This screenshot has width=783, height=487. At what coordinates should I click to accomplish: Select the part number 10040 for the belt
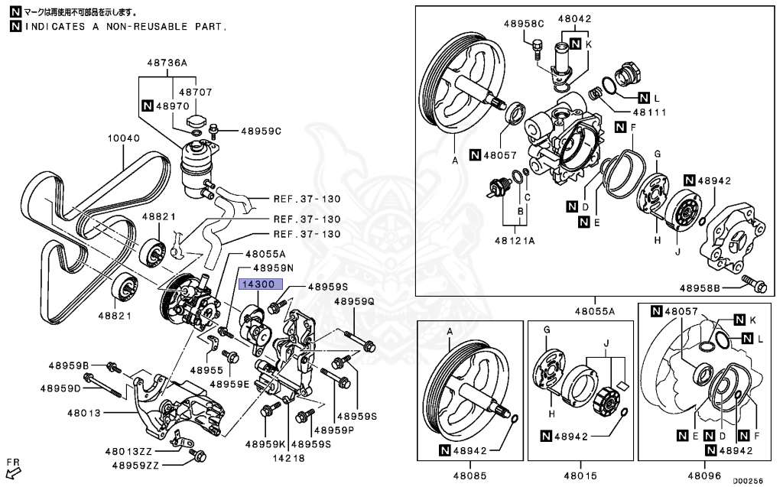(123, 138)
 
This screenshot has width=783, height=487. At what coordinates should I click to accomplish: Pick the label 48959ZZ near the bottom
(135, 464)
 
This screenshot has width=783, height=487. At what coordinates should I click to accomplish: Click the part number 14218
(285, 459)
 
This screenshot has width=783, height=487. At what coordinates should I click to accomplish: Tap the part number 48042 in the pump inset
(574, 18)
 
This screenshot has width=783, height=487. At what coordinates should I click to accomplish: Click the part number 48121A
(514, 239)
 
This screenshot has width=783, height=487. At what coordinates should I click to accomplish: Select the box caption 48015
(579, 474)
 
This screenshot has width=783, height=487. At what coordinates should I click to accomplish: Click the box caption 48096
(704, 474)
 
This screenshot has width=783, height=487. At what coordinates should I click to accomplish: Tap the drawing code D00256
(747, 482)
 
